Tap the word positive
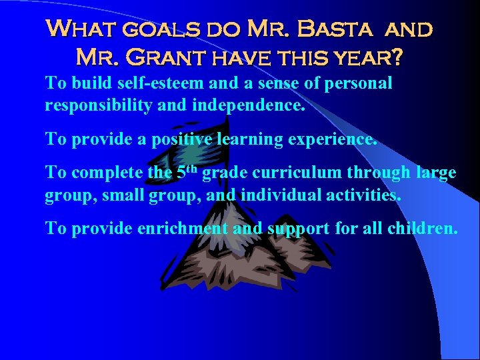[177, 139]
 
